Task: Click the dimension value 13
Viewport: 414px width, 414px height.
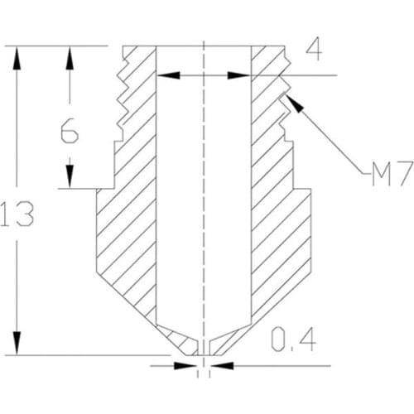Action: pyautogui.click(x=17, y=214)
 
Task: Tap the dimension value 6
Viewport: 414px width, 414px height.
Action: pyautogui.click(x=70, y=130)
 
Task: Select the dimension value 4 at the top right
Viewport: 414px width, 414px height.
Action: pyautogui.click(x=314, y=51)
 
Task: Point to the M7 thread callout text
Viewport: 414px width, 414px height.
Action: pyautogui.click(x=392, y=174)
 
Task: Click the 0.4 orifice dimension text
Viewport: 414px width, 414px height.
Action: pyautogui.click(x=293, y=339)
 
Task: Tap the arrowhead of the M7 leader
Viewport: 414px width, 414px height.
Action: pyautogui.click(x=294, y=103)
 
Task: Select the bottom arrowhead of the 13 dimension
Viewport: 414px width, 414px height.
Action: pyautogui.click(x=17, y=343)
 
